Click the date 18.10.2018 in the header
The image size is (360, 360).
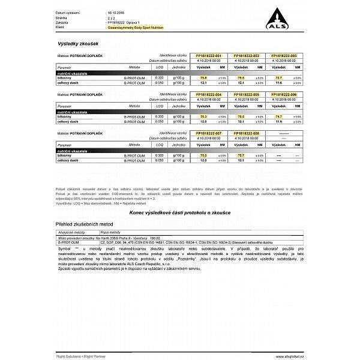[116, 12]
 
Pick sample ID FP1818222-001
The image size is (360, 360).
[209, 55]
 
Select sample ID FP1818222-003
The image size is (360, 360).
[284, 55]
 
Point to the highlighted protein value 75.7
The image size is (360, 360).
[241, 155]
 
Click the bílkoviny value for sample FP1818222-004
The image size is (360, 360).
[203, 116]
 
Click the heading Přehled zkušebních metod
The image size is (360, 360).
[79, 223]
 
